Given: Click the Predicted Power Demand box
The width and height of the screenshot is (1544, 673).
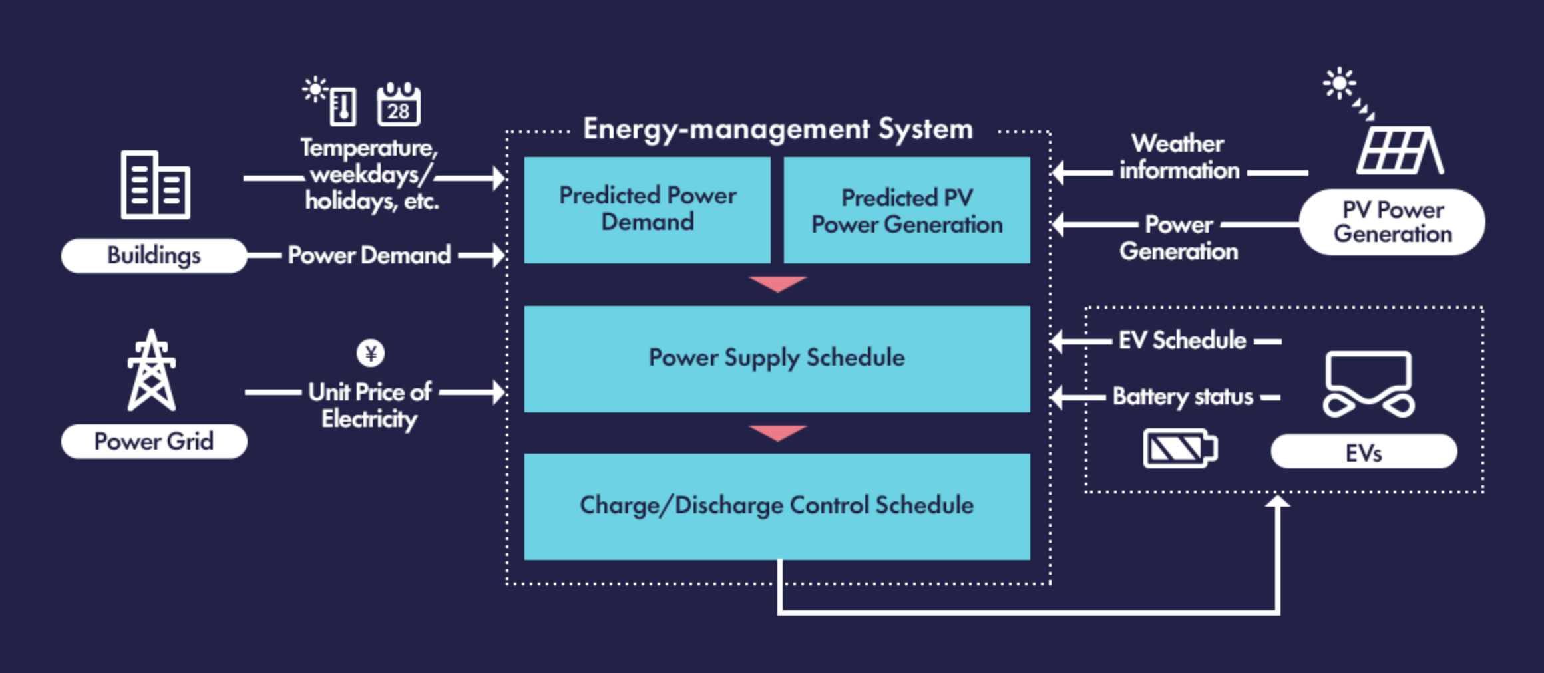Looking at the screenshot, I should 647,209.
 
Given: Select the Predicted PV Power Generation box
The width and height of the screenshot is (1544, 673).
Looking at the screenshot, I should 906,209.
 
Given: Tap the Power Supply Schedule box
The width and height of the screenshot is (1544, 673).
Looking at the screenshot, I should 777,358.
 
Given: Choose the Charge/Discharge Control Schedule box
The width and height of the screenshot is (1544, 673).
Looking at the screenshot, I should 777,506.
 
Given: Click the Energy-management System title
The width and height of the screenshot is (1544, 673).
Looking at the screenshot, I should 777,129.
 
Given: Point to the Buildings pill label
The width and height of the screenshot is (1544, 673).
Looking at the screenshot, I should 154,255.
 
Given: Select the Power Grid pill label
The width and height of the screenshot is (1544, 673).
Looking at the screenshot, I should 154,441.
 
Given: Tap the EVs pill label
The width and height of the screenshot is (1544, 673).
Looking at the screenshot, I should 1364,452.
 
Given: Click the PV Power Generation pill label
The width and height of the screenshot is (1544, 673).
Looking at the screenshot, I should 1392,221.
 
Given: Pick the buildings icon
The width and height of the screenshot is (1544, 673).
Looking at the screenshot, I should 155,184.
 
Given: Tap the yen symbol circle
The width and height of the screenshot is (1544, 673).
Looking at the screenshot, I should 371,353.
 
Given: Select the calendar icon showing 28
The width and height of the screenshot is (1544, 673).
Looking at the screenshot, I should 399,105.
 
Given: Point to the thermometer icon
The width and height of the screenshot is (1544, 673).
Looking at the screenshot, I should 343,106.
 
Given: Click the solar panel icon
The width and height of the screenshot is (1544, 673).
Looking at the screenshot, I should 1400,150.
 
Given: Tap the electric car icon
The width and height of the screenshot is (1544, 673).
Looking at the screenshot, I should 1369,384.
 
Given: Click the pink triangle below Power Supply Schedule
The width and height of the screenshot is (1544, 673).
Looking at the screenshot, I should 777,433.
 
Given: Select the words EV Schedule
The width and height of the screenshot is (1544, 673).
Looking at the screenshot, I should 1182,340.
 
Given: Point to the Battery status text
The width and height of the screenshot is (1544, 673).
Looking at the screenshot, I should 1183,397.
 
